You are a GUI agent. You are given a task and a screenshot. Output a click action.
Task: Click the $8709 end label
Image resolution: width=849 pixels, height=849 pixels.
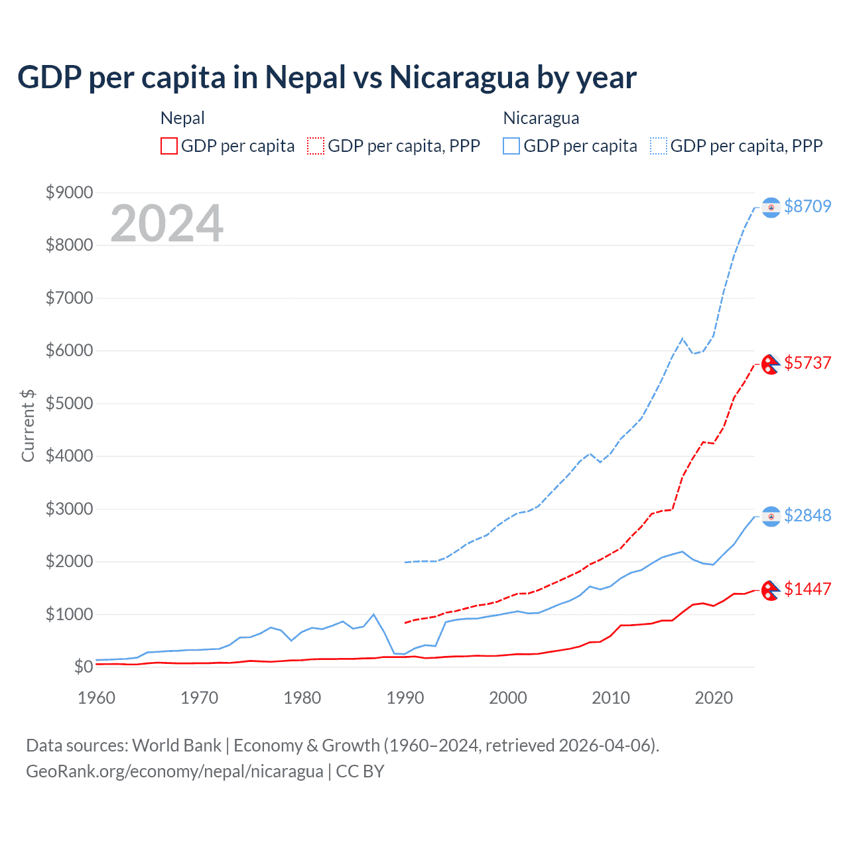pyautogui.click(x=807, y=206)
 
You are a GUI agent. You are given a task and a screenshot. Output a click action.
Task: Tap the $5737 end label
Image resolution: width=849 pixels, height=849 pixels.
pyautogui.click(x=807, y=363)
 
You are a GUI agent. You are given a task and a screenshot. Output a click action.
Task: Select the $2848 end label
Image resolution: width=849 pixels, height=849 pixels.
pyautogui.click(x=807, y=515)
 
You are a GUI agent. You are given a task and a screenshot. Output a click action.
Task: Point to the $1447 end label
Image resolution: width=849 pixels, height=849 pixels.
pyautogui.click(x=807, y=589)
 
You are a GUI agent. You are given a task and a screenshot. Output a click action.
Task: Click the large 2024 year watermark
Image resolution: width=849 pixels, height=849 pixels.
pyautogui.click(x=166, y=224)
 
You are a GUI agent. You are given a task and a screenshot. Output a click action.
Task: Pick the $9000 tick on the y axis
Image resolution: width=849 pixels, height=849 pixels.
pyautogui.click(x=69, y=192)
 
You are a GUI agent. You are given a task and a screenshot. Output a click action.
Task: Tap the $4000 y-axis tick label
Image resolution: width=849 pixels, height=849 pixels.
pyautogui.click(x=69, y=456)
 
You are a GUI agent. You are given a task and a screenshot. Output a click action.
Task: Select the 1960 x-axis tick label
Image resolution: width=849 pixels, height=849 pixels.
pyautogui.click(x=97, y=698)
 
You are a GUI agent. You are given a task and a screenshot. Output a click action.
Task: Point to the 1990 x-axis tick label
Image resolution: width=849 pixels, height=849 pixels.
pyautogui.click(x=405, y=698)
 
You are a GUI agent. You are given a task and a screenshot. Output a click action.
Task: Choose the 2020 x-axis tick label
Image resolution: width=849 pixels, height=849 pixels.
pyautogui.click(x=714, y=698)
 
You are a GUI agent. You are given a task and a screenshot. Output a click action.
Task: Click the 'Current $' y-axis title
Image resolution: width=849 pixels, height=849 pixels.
pyautogui.click(x=28, y=426)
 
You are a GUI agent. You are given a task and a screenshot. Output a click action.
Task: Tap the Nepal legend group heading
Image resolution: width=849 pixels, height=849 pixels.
pyautogui.click(x=182, y=118)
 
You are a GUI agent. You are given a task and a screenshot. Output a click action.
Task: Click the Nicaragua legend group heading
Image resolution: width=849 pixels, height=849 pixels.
pyautogui.click(x=541, y=118)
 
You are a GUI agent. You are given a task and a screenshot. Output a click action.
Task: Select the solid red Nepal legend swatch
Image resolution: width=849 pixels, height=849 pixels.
pyautogui.click(x=169, y=146)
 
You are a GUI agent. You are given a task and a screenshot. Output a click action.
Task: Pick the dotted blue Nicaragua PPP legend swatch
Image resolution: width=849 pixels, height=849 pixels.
pyautogui.click(x=659, y=146)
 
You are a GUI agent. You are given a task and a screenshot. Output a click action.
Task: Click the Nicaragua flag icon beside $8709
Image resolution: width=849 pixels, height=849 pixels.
pyautogui.click(x=771, y=208)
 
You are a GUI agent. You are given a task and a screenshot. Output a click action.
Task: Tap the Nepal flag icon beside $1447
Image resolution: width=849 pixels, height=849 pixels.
pyautogui.click(x=770, y=590)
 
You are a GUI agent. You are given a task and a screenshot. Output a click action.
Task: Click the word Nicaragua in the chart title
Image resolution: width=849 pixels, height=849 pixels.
pyautogui.click(x=459, y=77)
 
